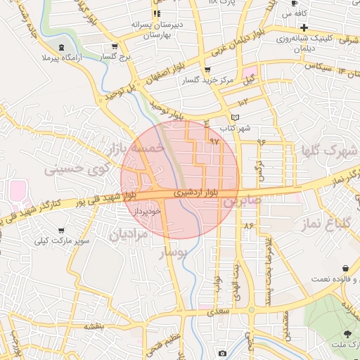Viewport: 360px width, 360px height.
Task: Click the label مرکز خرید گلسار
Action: [x=207, y=81]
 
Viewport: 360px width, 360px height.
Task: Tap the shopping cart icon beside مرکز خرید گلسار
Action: [x=207, y=70]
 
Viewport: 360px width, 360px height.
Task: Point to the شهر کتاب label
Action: [x=235, y=129]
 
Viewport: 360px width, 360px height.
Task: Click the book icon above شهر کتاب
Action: [x=235, y=117]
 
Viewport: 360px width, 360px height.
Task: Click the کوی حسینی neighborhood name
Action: [x=77, y=169]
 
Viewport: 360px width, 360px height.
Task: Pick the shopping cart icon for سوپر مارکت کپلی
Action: [x=62, y=231]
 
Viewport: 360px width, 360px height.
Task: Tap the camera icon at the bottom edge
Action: [x=222, y=353]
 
